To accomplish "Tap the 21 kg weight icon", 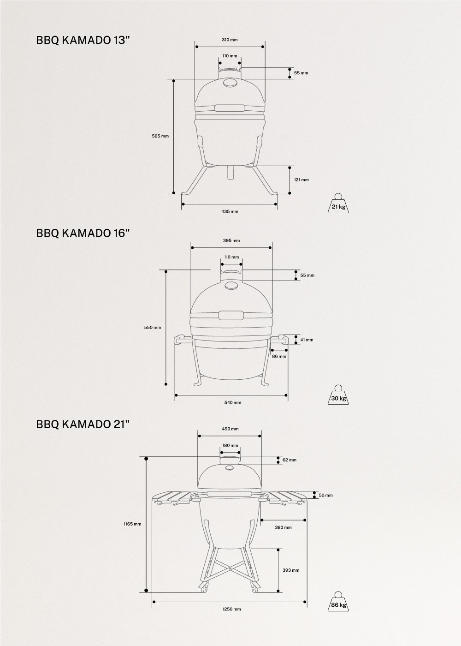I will [338, 203].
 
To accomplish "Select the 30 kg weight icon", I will [338, 395].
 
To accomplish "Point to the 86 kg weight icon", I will [338, 601].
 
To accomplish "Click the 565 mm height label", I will [160, 136].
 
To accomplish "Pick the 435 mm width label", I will [230, 211].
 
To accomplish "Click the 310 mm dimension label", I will [230, 40].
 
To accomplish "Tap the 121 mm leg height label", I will [301, 179].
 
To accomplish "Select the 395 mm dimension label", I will [231, 240].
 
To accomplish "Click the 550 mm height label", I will [153, 327].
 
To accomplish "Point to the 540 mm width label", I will [233, 402].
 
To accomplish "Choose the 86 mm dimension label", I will [279, 356].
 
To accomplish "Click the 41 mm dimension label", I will [307, 340].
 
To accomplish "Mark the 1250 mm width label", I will [230, 609].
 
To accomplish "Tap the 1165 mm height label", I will [132, 524].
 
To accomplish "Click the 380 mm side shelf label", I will [283, 527].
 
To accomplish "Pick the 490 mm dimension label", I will [230, 429].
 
